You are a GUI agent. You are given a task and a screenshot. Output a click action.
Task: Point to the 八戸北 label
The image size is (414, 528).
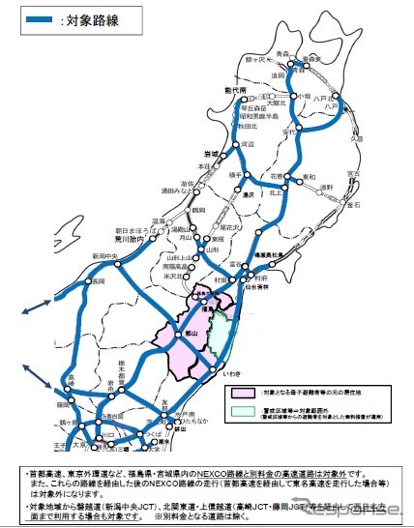click(x=336, y=98)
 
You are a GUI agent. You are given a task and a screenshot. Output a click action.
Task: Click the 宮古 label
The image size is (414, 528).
click(x=354, y=174)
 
